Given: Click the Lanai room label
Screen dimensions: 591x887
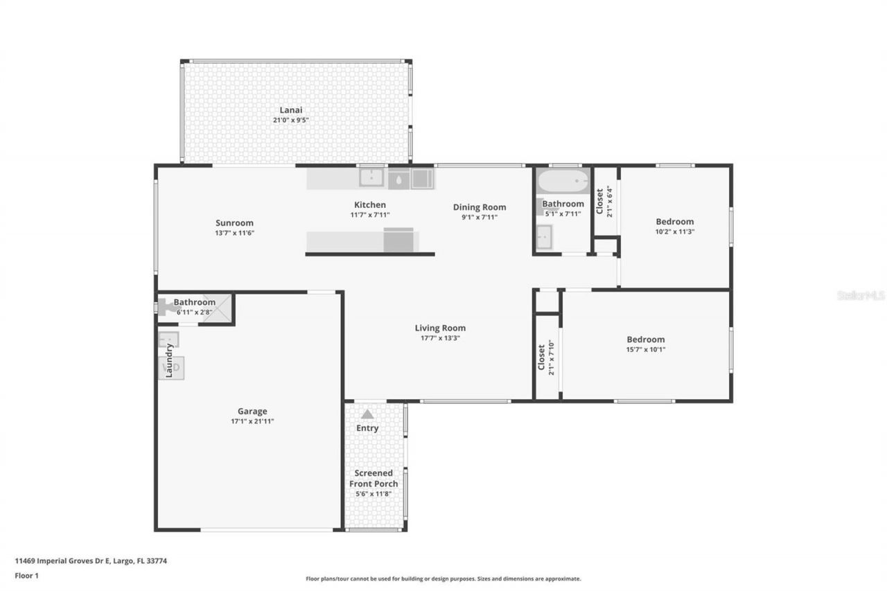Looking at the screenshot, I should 290,110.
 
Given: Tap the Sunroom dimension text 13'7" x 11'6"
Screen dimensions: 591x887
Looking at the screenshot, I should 234,233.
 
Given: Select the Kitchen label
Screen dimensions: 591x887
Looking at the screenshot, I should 370,205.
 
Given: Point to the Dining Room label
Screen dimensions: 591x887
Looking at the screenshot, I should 480,207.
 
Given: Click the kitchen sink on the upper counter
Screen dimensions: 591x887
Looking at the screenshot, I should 372,179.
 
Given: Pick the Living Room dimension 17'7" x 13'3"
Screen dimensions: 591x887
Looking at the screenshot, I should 440,338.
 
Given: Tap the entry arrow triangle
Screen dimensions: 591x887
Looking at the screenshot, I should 367,414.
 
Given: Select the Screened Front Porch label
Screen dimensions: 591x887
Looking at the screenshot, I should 374,478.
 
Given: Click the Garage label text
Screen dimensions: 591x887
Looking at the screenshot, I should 252,412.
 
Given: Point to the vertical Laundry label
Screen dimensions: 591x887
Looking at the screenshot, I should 168,360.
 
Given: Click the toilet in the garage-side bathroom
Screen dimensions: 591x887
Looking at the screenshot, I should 167,307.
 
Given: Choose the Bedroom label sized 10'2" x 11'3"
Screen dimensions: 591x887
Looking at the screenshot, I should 674,222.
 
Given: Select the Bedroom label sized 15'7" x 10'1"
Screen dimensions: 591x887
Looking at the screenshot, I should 645,339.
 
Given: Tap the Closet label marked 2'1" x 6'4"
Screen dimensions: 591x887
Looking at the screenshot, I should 600,201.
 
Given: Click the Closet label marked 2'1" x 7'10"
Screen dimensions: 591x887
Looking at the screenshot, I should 542,358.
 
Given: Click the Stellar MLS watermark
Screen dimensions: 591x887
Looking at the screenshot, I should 861,295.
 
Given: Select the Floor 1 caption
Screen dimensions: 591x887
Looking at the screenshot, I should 26,575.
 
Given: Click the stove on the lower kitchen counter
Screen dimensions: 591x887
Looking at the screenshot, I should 398,240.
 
